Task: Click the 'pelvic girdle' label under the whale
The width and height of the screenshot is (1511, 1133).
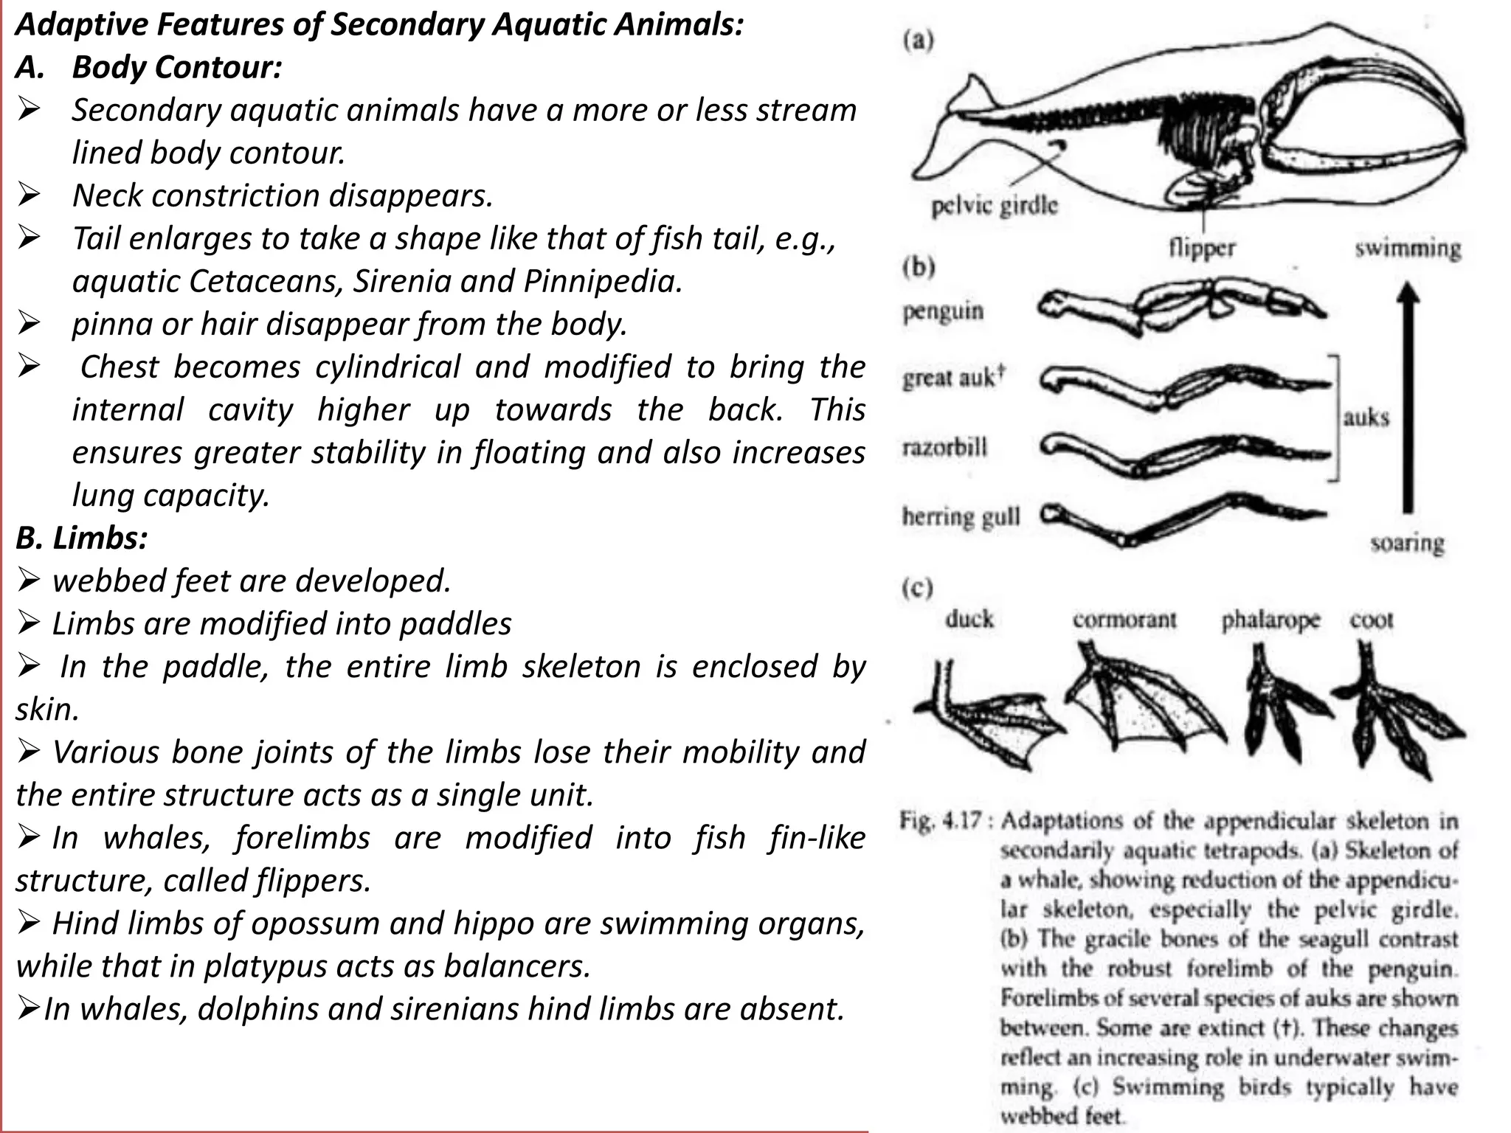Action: pyautogui.click(x=994, y=206)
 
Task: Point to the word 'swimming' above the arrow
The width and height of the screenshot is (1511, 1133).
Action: pyautogui.click(x=1407, y=248)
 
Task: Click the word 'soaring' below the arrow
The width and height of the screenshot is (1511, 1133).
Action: pyautogui.click(x=1407, y=543)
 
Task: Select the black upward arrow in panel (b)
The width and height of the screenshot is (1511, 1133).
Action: pyautogui.click(x=1408, y=398)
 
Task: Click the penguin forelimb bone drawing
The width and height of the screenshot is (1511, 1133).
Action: pyautogui.click(x=1180, y=305)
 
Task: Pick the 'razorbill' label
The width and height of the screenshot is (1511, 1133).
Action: pyautogui.click(x=944, y=447)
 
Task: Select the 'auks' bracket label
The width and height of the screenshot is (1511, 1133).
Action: pyautogui.click(x=1366, y=417)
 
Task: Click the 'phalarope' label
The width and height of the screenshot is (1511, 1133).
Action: pyautogui.click(x=1270, y=620)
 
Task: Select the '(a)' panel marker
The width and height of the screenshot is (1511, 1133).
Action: pyautogui.click(x=918, y=40)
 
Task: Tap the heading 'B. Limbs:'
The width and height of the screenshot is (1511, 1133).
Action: pyautogui.click(x=82, y=538)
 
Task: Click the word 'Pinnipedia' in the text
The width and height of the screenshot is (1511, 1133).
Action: pyautogui.click(x=602, y=281)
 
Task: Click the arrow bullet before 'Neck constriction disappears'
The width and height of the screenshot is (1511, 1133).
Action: pyautogui.click(x=30, y=195)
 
